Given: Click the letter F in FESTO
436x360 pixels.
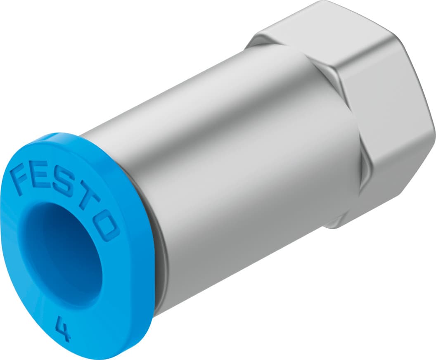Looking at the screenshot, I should (22, 178).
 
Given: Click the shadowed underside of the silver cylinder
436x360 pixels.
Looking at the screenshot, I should (248, 264).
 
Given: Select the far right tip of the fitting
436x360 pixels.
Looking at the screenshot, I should (434, 136).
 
